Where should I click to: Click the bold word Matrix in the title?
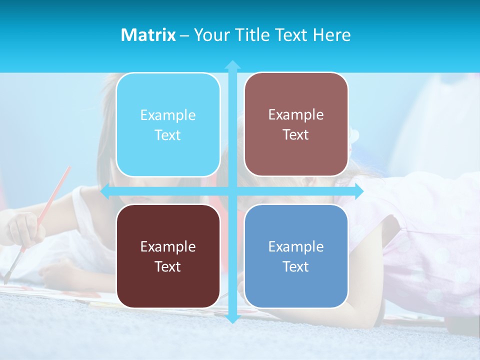tap(148, 35)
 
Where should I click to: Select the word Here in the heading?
tap(331, 35)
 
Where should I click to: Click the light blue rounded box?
tap(168, 124)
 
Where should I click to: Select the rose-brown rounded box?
tap(296, 124)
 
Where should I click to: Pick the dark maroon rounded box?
tap(168, 256)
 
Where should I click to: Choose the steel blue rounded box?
tap(296, 256)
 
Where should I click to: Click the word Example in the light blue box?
tap(168, 115)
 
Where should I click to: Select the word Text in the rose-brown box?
tap(296, 135)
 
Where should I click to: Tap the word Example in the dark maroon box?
tap(168, 246)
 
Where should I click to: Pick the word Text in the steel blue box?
tap(296, 266)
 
